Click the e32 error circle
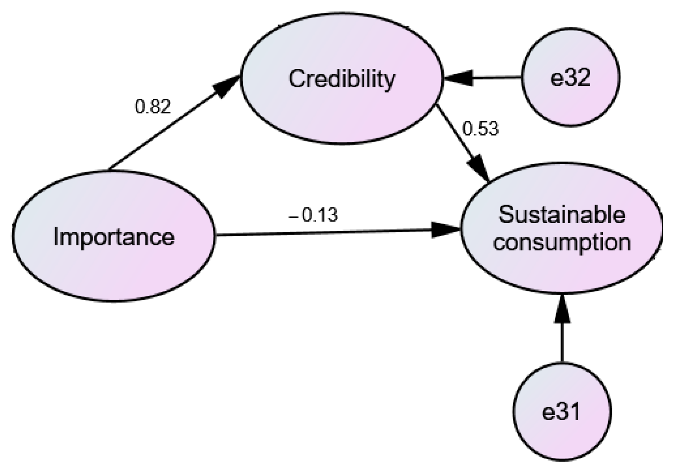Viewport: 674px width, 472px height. (571, 100)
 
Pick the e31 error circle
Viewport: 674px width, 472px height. (562, 435)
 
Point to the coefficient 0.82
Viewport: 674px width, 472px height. (153, 107)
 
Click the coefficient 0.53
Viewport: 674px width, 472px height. (480, 129)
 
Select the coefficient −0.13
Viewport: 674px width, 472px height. (313, 215)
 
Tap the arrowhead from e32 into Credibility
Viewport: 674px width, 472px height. (458, 78)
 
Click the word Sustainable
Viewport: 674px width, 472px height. (562, 215)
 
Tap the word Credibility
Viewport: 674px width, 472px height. (342, 79)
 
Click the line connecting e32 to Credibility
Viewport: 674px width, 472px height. (496, 78)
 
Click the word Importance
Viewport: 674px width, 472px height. (114, 237)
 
